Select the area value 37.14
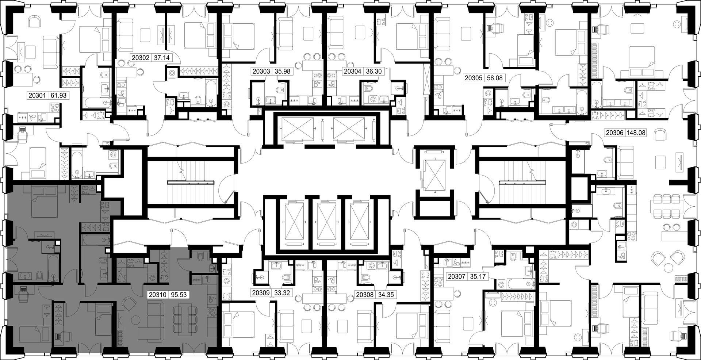162,57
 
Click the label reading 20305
473,78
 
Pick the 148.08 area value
636,133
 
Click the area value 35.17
478,276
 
